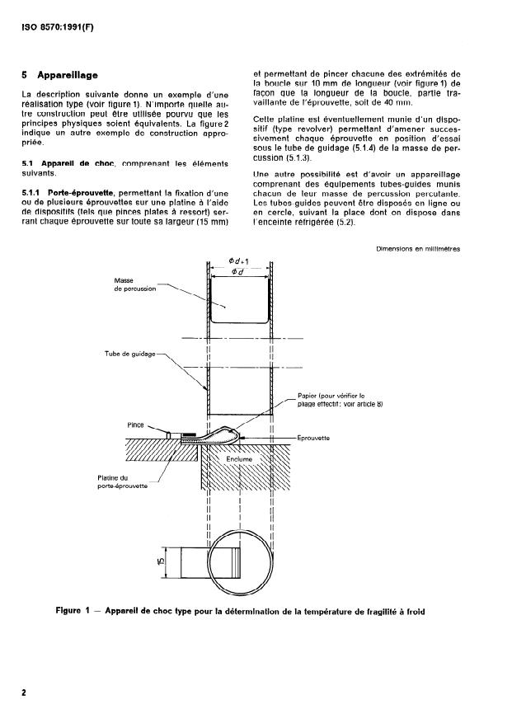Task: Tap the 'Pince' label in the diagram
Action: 136,425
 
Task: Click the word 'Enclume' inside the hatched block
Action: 240,459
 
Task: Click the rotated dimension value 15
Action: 165,562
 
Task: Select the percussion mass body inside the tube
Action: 240,301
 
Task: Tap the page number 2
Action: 24,692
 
